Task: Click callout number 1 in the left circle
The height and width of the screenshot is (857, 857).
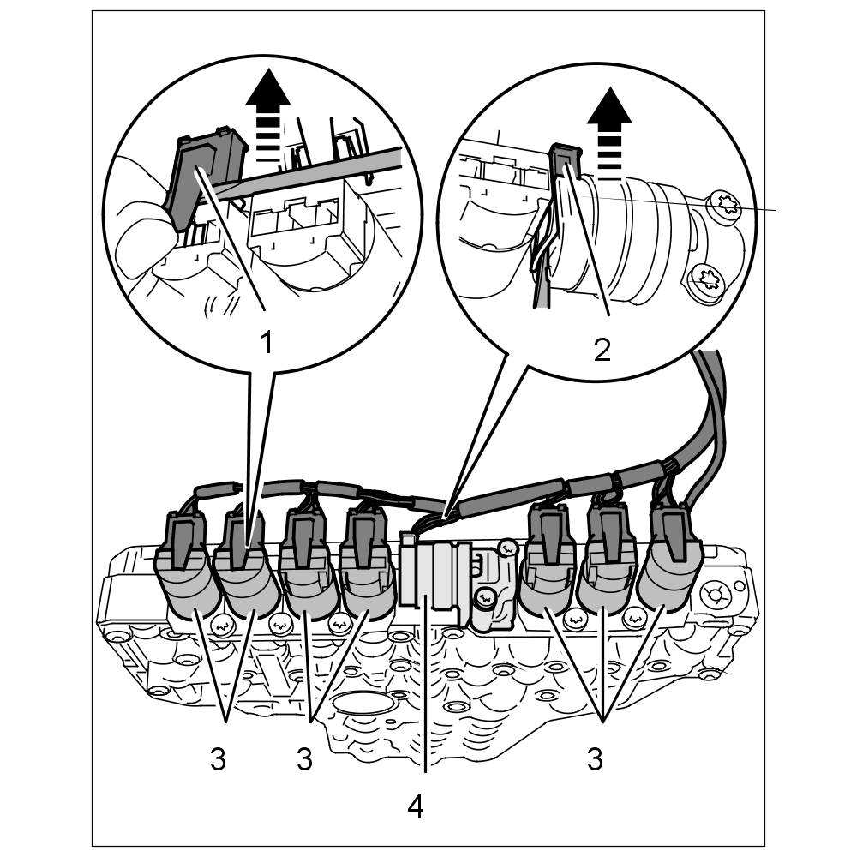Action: coord(266,343)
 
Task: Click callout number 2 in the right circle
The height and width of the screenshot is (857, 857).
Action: coord(602,350)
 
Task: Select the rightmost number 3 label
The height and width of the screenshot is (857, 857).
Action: coord(595,759)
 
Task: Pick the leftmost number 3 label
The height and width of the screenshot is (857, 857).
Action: coord(218,759)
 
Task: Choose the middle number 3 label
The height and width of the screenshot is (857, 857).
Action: coord(304,759)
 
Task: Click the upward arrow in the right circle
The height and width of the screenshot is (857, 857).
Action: coord(609,133)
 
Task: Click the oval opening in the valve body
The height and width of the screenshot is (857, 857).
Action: coord(364,703)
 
